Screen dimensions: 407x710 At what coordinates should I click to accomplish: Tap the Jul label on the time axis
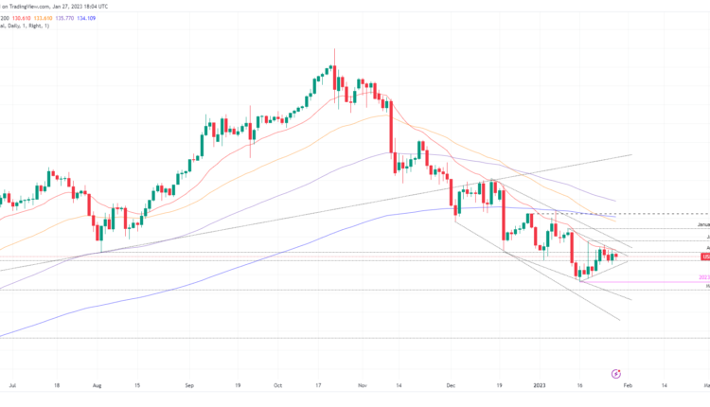point(10,387)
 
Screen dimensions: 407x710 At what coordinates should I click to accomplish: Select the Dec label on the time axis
point(452,387)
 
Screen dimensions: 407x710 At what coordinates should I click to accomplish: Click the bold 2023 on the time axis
point(540,387)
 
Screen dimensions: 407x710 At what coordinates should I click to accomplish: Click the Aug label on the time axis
point(98,387)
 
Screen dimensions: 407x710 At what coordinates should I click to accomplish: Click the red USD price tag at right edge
point(704,257)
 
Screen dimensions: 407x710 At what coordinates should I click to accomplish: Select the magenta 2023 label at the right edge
point(703,277)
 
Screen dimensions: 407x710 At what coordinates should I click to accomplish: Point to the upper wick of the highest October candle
point(332,57)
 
